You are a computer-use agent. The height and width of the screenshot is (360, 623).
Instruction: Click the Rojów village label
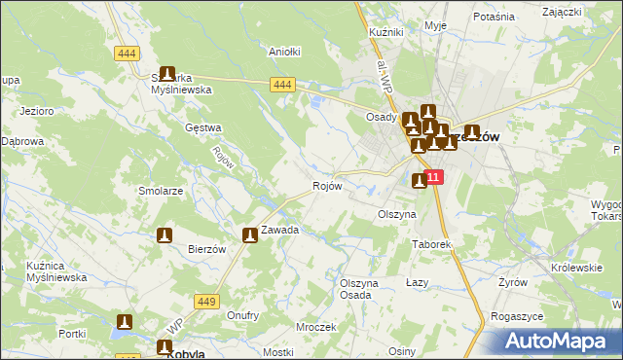pyautogui.click(x=327, y=186)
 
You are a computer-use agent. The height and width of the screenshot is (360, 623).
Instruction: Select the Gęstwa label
pyautogui.click(x=203, y=127)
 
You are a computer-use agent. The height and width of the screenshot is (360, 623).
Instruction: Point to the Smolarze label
pyautogui.click(x=162, y=192)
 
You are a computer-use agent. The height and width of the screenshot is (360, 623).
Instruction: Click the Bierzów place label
pyautogui.click(x=207, y=249)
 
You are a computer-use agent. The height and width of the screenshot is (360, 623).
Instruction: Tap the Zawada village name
pyautogui.click(x=279, y=231)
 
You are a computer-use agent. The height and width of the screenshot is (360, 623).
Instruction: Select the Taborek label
pyautogui.click(x=432, y=244)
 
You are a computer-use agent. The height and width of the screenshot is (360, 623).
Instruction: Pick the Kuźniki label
pyautogui.click(x=386, y=32)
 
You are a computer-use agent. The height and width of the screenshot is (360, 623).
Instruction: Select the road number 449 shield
pyautogui.click(x=204, y=302)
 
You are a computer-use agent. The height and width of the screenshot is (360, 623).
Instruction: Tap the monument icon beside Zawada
pyautogui.click(x=250, y=234)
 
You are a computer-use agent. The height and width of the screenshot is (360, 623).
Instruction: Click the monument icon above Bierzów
pyautogui.click(x=165, y=234)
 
